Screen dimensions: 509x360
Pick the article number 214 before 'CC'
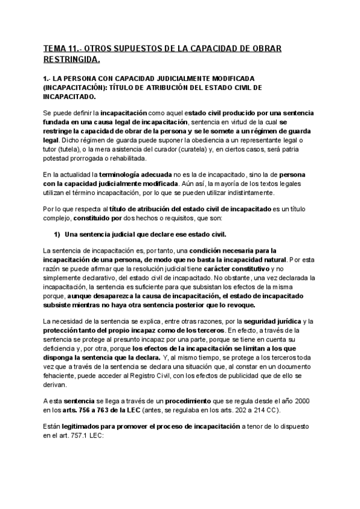(264, 410)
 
